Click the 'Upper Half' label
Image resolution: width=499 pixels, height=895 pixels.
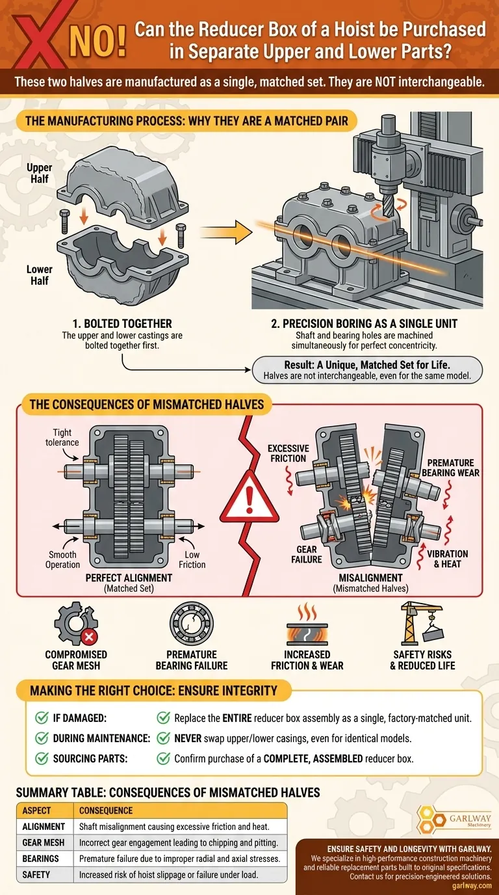40,173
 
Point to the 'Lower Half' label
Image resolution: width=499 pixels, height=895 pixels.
40,274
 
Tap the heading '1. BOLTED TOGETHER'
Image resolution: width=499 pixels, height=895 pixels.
123,323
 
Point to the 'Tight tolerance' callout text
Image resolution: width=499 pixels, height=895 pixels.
63,438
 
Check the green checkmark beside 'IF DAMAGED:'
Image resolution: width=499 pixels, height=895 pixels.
42,718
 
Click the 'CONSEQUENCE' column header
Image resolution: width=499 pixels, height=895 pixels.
106,810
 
